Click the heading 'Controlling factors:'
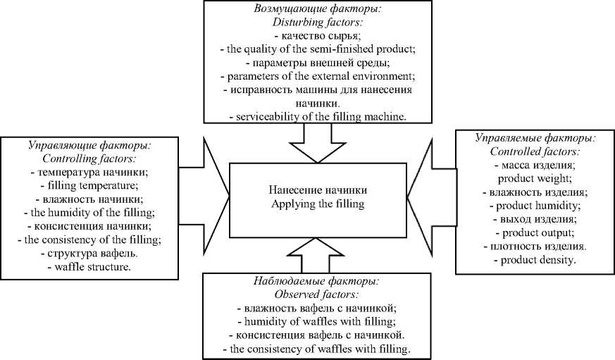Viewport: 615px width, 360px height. [x=89, y=159]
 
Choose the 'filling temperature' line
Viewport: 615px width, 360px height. [x=89, y=186]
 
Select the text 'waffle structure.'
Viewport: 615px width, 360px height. [x=89, y=268]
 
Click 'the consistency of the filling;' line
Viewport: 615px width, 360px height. [x=89, y=240]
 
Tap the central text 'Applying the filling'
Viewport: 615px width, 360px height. [x=318, y=204]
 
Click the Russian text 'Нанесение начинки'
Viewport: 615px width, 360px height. [x=318, y=190]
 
